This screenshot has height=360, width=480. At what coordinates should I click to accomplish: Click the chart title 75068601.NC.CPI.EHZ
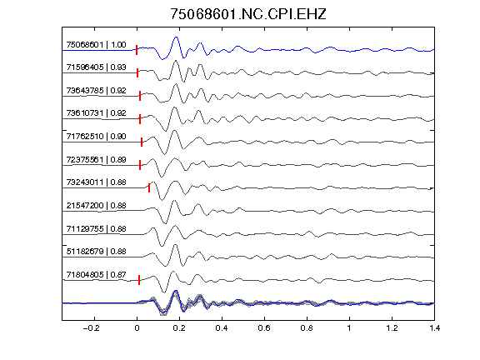point(248,14)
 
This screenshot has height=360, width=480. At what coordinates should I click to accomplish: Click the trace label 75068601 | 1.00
point(96,45)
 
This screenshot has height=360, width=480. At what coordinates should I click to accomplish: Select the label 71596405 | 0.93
point(96,67)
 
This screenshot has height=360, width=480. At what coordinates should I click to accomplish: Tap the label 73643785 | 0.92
point(96,91)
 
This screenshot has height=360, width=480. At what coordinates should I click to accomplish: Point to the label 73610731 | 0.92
point(96,113)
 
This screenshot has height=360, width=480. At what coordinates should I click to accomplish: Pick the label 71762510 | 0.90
point(96,136)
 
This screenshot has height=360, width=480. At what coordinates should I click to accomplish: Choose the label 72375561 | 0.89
point(96,160)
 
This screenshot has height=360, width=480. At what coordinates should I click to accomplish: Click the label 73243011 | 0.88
point(96,182)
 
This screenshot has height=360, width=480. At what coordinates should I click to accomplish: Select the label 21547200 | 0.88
point(96,205)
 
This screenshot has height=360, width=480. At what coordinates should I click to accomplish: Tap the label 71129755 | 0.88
point(96,229)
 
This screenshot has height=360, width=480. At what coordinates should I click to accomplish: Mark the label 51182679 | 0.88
point(96,252)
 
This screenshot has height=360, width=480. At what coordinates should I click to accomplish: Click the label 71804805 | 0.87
point(96,275)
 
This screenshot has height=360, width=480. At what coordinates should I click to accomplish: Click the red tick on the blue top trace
point(137,50)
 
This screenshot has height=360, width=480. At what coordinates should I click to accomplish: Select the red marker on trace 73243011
point(149,187)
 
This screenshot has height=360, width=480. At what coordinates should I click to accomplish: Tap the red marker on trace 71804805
point(139,280)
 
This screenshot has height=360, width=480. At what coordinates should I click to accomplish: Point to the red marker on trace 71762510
point(142,142)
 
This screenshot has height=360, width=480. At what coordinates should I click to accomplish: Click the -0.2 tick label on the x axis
point(92,328)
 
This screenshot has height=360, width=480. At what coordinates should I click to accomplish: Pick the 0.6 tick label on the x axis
point(264,328)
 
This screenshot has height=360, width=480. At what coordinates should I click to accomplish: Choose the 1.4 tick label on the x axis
point(434,328)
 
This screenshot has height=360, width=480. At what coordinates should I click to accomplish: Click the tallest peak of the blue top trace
point(176,37)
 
